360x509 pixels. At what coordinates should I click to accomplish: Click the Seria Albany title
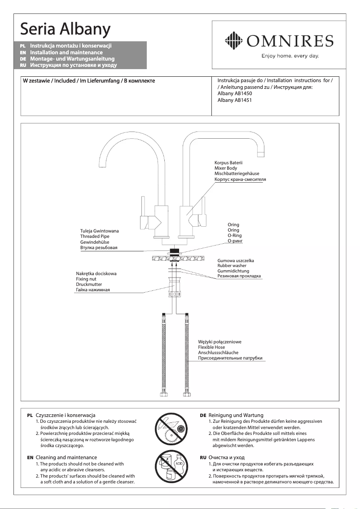[65, 30]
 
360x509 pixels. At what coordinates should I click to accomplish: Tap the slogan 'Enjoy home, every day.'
[290, 56]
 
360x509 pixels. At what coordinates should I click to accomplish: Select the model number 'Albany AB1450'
[234, 94]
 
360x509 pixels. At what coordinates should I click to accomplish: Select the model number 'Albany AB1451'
[234, 101]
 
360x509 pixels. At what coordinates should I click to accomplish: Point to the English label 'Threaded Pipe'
[95, 236]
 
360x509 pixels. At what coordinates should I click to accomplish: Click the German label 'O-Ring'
[234, 235]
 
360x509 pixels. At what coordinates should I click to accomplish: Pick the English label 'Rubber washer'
[232, 266]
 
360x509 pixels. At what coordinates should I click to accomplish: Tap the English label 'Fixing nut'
[86, 279]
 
